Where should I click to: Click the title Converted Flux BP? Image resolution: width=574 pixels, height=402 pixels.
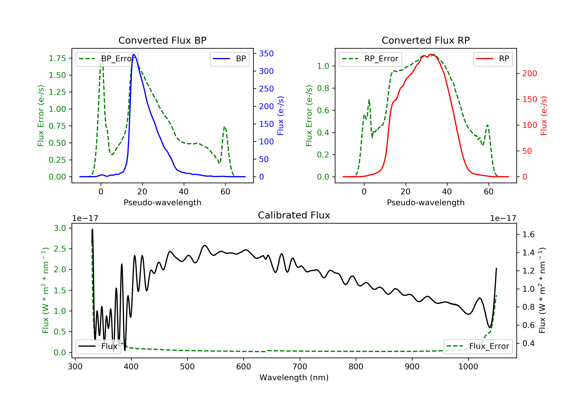pos(162,40)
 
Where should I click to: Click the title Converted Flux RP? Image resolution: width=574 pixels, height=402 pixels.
pos(426,40)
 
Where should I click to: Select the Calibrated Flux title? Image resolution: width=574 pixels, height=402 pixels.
pos(294,215)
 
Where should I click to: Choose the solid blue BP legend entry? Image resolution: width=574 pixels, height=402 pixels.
pos(229,59)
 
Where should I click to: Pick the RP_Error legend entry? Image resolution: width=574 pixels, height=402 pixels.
pos(370,59)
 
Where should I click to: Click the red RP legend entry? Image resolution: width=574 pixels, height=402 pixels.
pos(493,59)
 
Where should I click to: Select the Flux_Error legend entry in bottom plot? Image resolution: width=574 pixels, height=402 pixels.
pos(478,346)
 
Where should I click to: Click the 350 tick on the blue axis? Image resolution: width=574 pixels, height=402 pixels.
pos(266,54)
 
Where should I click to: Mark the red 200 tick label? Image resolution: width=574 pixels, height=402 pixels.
pos(529,74)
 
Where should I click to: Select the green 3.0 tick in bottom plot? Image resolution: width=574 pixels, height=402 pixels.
pos(60,228)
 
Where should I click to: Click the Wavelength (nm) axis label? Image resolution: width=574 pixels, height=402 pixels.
pos(294,377)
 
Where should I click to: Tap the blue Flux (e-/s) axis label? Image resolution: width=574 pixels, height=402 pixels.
pos(280,116)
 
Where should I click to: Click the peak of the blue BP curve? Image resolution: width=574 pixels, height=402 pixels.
pos(134,54)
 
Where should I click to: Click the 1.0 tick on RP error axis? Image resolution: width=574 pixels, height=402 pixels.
pos(323,66)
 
